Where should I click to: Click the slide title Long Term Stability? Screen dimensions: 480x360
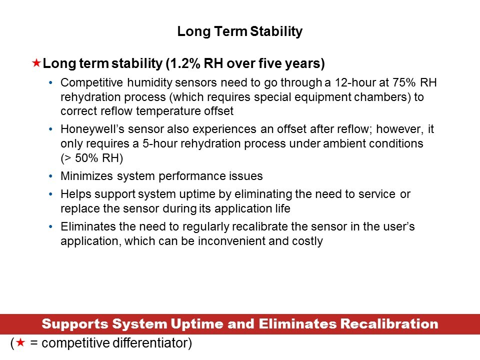pyautogui.click(x=239, y=31)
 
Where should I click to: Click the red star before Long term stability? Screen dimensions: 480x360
pyautogui.click(x=36, y=63)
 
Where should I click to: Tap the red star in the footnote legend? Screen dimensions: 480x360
pyautogui.click(x=20, y=342)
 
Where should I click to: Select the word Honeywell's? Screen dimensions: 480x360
pyautogui.click(x=92, y=129)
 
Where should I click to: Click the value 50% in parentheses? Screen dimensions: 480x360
pyautogui.click(x=86, y=158)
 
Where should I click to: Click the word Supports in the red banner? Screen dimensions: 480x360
pyautogui.click(x=75, y=324)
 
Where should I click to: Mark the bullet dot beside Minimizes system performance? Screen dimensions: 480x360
pyautogui.click(x=50, y=176)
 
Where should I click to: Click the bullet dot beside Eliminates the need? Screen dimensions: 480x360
pyautogui.click(x=50, y=226)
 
